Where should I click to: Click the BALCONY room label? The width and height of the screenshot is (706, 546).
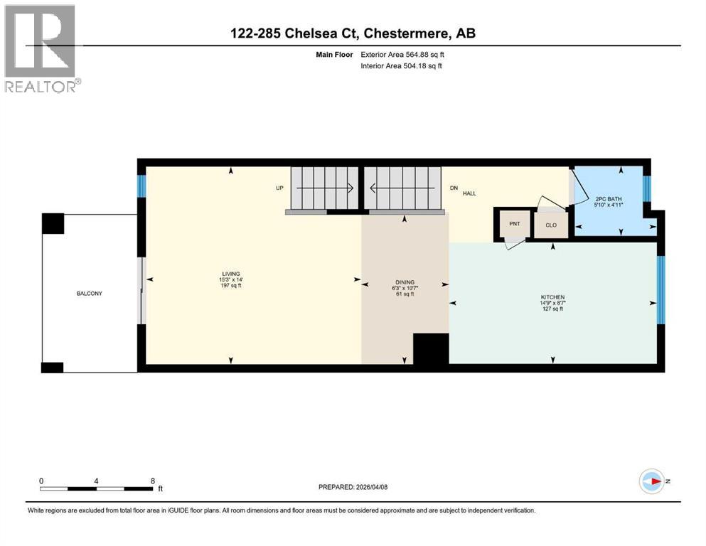click(90, 293)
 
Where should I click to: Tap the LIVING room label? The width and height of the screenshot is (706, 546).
click(230, 274)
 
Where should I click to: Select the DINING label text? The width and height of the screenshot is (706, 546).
click(405, 282)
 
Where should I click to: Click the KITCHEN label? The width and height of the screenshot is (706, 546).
click(552, 297)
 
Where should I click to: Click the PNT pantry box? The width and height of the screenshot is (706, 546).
click(515, 224)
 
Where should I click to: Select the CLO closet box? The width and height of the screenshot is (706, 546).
click(551, 225)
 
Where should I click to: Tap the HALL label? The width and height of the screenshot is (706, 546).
click(469, 193)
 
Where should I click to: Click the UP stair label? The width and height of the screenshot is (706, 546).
click(279, 188)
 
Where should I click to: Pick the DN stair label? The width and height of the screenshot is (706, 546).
click(455, 188)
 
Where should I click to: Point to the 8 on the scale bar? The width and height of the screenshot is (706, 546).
click(153, 481)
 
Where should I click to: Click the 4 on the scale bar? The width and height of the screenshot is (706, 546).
click(96, 481)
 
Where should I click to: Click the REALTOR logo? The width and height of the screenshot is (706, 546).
click(41, 48)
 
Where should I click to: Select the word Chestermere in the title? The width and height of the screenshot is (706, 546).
click(405, 33)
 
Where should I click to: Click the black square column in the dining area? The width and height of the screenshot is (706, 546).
click(431, 349)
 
